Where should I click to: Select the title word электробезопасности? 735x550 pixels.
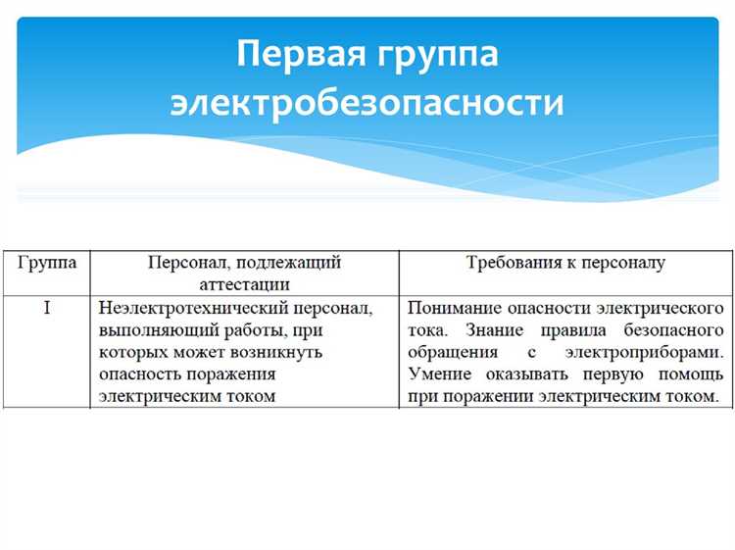(367, 102)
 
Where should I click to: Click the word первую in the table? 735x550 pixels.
(615, 374)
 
